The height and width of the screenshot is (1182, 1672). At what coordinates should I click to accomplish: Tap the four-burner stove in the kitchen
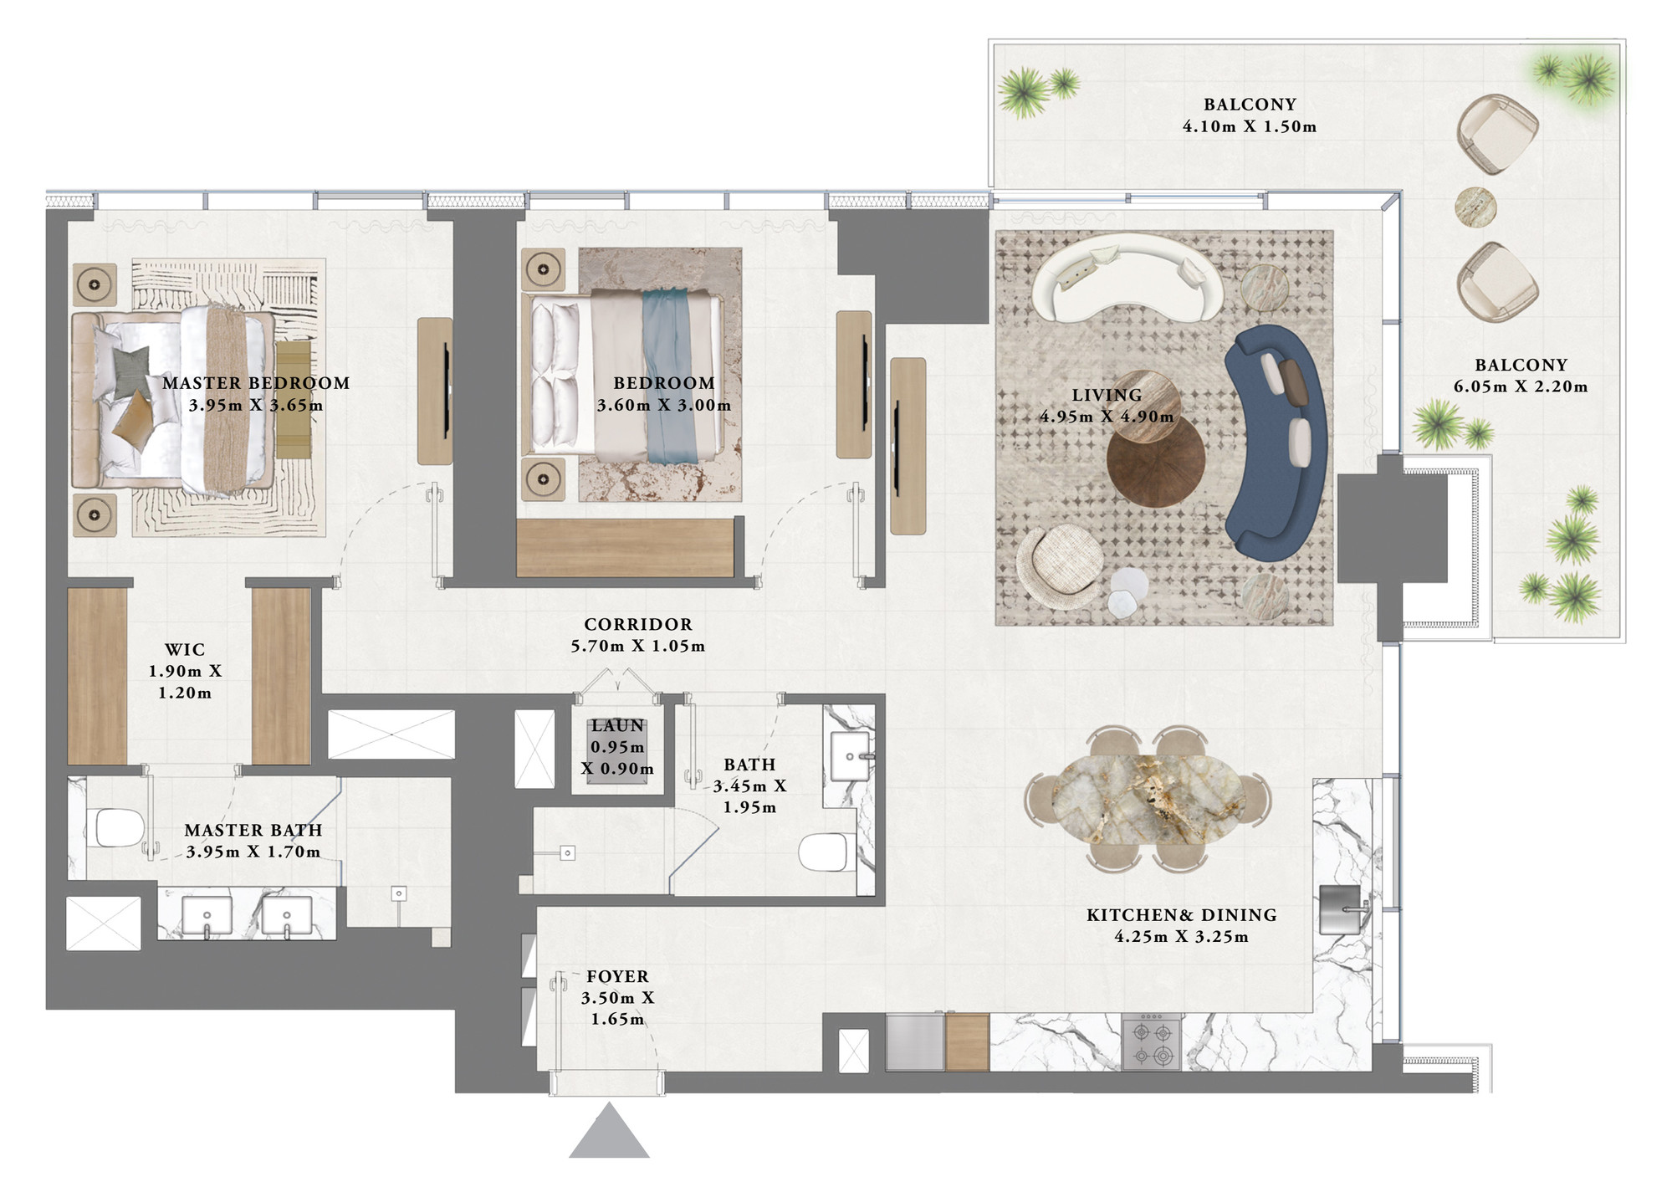coord(1151,1043)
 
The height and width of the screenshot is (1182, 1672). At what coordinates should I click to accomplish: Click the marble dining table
coord(1147,799)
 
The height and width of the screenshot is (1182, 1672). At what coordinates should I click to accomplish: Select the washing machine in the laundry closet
coord(617,751)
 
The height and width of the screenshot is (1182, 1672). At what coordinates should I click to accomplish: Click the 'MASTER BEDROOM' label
coord(256,383)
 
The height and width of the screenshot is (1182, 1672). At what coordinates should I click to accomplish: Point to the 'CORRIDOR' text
coord(638,624)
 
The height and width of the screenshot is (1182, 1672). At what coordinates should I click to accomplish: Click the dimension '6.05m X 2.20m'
coord(1521,386)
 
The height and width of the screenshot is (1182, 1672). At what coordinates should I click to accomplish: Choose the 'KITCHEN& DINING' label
coord(1181,915)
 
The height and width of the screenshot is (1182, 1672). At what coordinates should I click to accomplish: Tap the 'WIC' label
coord(185,650)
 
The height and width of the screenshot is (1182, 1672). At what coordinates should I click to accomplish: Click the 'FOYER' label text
coord(617,976)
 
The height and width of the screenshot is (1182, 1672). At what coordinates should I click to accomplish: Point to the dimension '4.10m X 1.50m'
coord(1250,126)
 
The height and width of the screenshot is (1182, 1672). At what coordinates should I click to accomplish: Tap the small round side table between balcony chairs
coord(1475,207)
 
